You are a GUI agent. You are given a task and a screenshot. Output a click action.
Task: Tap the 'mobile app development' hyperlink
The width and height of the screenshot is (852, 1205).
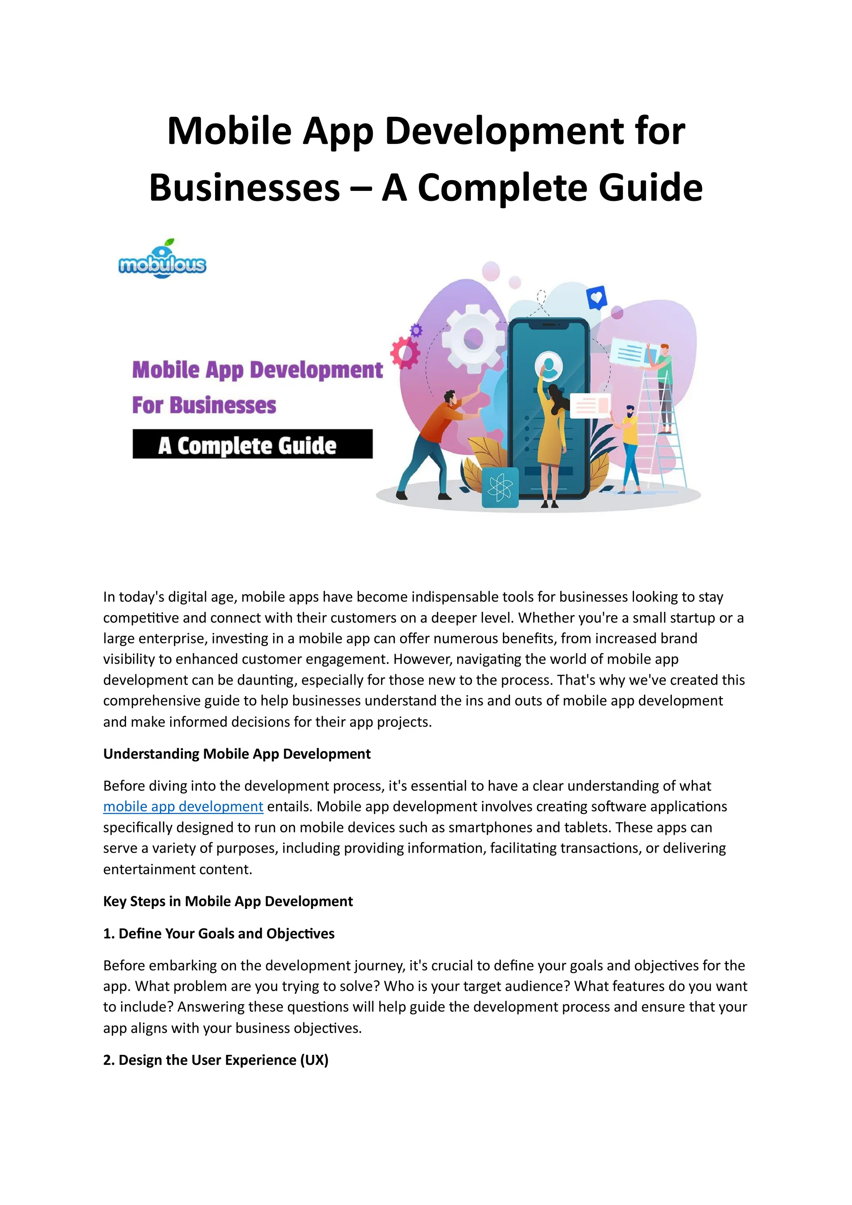click(183, 806)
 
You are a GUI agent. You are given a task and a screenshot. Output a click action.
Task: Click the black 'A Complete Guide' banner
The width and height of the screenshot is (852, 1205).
click(253, 444)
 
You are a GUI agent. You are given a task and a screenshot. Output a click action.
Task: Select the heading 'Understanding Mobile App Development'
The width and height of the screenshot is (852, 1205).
click(237, 754)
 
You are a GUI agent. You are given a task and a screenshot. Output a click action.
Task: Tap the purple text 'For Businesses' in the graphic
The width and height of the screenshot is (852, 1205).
click(204, 405)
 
